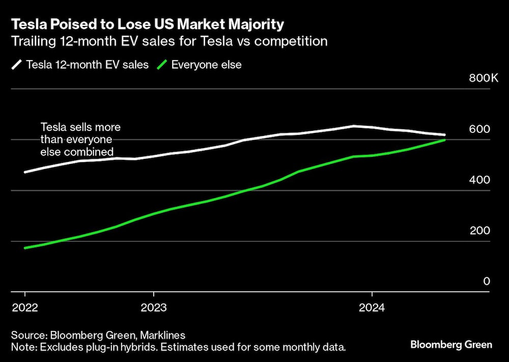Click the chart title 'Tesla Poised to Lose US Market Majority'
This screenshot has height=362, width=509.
[x=148, y=24]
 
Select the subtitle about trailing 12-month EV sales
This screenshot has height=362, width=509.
[x=169, y=41]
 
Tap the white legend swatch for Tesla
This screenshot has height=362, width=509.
[x=17, y=65]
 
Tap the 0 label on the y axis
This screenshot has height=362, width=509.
[x=486, y=282]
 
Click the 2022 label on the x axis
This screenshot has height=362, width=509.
[x=25, y=308]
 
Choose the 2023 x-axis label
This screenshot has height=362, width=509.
[x=154, y=308]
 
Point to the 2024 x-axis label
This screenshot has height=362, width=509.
[x=372, y=308]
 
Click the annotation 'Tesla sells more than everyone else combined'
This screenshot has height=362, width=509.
[x=80, y=139]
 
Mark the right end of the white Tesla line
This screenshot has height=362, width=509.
[x=445, y=135]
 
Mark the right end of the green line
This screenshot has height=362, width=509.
[x=445, y=140]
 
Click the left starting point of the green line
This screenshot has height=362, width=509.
[x=25, y=248]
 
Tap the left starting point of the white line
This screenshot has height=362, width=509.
[x=25, y=172]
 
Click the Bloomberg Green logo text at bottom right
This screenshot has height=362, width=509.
[x=451, y=345]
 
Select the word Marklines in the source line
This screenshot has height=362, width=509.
[x=160, y=335]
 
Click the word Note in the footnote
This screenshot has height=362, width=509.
[x=21, y=347]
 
